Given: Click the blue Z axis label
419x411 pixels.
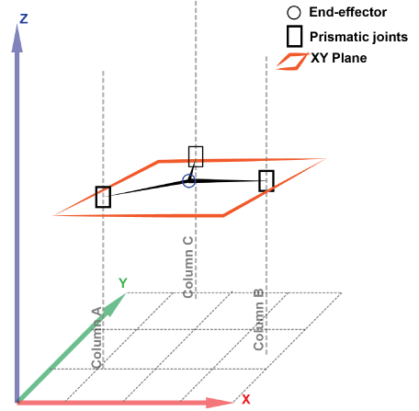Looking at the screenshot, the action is pos(24,19).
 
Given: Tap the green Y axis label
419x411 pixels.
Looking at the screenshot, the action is pos(123,283).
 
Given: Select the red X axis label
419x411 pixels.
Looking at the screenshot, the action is pos(246,399).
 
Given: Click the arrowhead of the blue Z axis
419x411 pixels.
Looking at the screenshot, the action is pos(17,38).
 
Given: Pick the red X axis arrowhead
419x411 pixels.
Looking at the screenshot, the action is pos(220,402).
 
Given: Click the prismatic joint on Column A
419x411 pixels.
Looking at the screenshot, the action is pos(103,197).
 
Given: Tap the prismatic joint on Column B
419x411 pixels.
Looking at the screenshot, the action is pos(266,181).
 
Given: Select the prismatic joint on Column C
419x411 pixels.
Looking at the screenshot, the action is pos(196,156).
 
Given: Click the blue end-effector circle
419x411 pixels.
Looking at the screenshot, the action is pos(189,181).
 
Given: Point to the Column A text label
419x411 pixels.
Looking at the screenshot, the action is pos(97,337).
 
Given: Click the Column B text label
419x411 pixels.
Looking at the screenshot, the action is pos(259,319).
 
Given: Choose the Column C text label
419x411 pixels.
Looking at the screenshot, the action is pos(187,267).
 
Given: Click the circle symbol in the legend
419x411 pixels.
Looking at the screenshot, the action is pos(294,13).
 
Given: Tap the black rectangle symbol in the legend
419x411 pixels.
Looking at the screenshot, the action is pos(295,37).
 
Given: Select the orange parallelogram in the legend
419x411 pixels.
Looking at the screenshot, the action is pos(291,62).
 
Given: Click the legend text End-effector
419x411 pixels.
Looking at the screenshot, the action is pos(348,12).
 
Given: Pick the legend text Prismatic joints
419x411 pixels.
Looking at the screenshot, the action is pos(358,37).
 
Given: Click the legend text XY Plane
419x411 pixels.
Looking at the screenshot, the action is pos(339,58).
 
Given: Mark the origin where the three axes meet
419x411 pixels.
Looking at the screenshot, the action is pos(17,402).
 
